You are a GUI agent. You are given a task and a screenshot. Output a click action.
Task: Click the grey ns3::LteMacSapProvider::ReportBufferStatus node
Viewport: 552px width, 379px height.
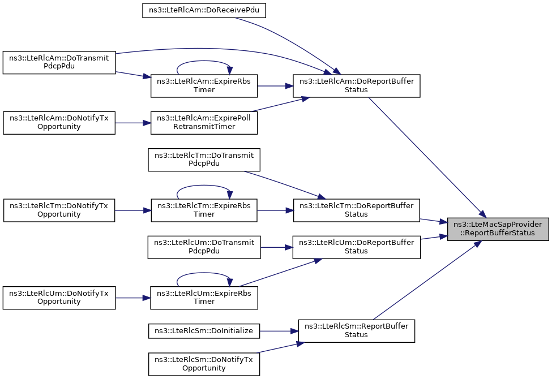pos(498,229)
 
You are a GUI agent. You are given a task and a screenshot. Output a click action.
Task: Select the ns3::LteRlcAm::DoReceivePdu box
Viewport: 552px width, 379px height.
pos(204,10)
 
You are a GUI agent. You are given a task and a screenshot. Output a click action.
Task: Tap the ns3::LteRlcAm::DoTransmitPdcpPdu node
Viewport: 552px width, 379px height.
pos(59,62)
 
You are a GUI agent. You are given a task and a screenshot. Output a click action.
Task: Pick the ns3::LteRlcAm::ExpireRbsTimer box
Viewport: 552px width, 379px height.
pos(204,85)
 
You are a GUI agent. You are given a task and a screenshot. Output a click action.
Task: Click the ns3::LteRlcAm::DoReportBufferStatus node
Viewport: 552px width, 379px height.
pos(356,85)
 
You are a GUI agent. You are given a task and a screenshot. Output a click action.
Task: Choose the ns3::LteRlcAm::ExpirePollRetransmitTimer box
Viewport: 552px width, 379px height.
pos(204,122)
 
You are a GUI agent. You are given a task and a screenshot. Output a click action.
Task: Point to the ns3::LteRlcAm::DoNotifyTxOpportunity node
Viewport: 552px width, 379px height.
pos(59,122)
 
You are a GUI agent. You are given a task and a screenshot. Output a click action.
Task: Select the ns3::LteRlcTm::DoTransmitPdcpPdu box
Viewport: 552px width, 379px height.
pos(204,160)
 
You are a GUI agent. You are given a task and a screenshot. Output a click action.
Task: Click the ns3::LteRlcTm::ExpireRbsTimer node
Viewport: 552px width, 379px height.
pos(204,210)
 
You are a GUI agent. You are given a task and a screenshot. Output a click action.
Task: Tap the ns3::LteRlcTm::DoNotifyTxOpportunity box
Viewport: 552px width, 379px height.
pos(59,210)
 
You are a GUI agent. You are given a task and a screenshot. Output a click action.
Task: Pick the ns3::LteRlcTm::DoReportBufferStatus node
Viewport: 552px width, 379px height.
pos(356,210)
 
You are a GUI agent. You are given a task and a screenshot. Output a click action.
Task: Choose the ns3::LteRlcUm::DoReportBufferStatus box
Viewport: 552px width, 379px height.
pos(356,247)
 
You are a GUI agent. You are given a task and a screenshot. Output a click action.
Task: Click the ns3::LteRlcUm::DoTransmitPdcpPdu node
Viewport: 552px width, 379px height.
pos(204,247)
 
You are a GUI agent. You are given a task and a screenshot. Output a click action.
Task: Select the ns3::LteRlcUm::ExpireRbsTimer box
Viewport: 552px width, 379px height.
pos(204,298)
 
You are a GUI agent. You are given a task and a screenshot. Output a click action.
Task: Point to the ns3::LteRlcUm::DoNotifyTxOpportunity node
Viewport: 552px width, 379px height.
pos(59,298)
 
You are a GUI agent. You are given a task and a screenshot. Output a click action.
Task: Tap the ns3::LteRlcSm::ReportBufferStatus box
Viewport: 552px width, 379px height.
pos(356,331)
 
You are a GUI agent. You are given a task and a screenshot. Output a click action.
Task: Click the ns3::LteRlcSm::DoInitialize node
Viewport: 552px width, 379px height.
pos(204,331)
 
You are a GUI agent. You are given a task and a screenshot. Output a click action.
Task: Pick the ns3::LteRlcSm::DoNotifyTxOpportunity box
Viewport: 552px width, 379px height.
pos(204,364)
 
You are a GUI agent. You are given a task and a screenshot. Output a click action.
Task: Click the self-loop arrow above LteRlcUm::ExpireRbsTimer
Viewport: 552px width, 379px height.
pos(204,273)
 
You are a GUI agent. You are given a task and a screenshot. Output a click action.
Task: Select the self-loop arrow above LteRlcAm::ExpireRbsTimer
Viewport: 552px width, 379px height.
pos(204,61)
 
